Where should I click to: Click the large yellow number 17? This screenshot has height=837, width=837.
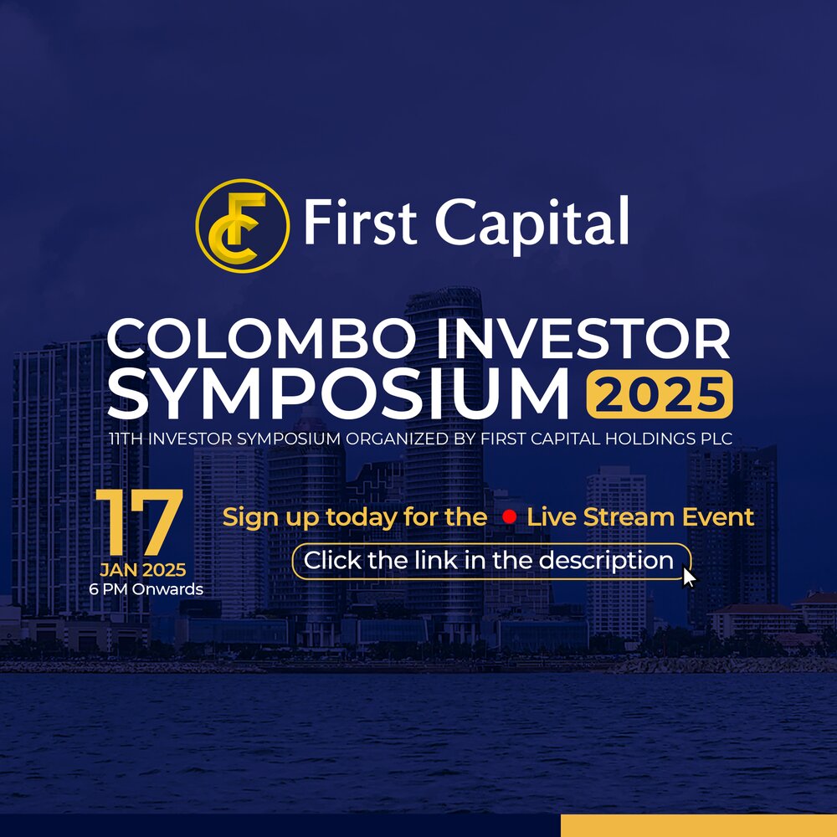[139, 524]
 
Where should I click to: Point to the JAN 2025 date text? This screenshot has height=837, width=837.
[142, 571]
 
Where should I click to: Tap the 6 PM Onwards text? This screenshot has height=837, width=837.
[146, 589]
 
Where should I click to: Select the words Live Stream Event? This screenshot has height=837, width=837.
[640, 517]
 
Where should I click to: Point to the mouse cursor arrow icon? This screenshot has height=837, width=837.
[689, 578]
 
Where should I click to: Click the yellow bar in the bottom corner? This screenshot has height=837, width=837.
[698, 825]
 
